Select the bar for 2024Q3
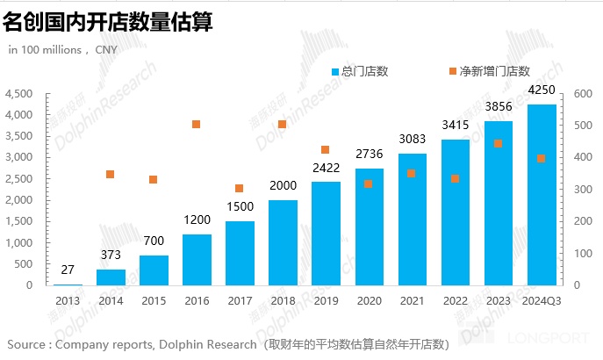(x=541, y=195)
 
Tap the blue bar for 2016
(x=197, y=260)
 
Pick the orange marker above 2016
(x=197, y=125)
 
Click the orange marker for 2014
(x=111, y=174)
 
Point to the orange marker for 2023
(x=498, y=143)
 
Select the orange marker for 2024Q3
(x=541, y=158)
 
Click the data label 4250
(x=541, y=90)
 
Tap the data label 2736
(x=369, y=155)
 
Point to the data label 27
(x=68, y=270)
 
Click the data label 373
(x=111, y=256)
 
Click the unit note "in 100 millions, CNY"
(x=62, y=49)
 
